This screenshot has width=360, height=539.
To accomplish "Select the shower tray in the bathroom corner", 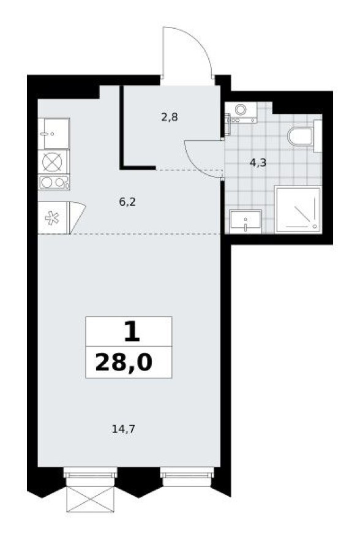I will tap(298, 209).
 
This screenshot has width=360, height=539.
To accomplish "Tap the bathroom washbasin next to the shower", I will tap(246, 221).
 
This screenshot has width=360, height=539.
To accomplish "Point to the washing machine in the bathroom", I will tap(241, 112).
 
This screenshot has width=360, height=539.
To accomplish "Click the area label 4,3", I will tap(258, 163).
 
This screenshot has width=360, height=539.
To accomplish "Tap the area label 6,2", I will tap(127, 202).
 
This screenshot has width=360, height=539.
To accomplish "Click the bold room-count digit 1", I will tap(130, 333).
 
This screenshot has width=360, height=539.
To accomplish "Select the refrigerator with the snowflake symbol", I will tap(53, 218).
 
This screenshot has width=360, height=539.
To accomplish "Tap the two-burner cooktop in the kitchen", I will tap(53, 182).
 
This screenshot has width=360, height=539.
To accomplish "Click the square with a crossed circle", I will tap(53, 162).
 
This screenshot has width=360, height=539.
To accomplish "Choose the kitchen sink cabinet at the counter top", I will tap(53, 133).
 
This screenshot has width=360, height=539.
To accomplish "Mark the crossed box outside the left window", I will tap(91, 497).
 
